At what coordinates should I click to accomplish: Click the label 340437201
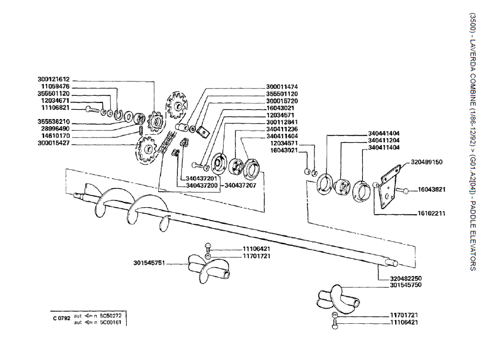pyautogui.click(x=201, y=178)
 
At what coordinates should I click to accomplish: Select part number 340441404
pyautogui.click(x=384, y=133)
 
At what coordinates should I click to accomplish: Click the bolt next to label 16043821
pyautogui.click(x=405, y=191)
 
